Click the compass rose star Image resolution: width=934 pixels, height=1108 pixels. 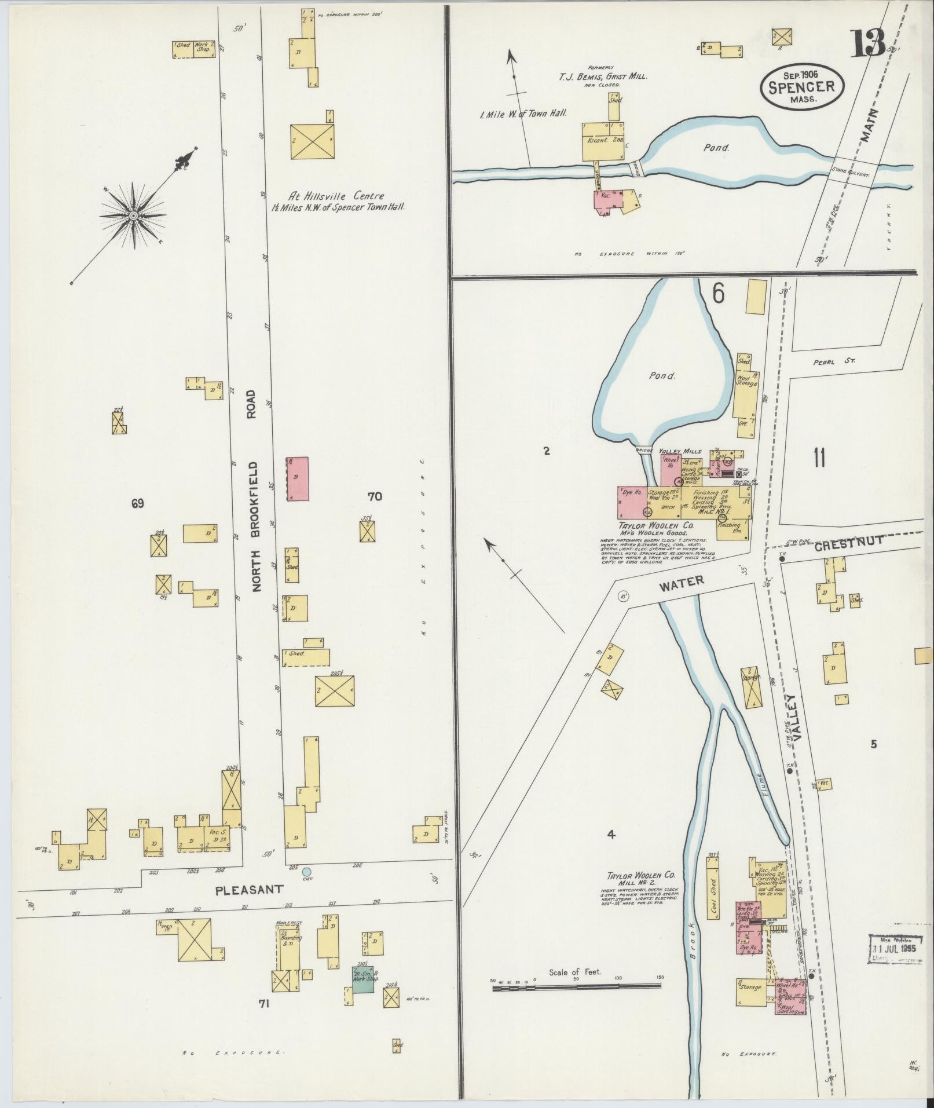point(134,215)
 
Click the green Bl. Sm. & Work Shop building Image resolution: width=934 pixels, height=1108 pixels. point(363,979)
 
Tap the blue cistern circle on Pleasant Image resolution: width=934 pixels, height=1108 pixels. point(307,872)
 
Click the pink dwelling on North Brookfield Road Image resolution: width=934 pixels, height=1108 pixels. point(298,478)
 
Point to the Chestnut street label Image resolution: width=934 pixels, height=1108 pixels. point(849,543)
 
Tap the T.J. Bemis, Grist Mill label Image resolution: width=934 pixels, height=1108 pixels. point(602,76)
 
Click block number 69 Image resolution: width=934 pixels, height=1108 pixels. point(137,503)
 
